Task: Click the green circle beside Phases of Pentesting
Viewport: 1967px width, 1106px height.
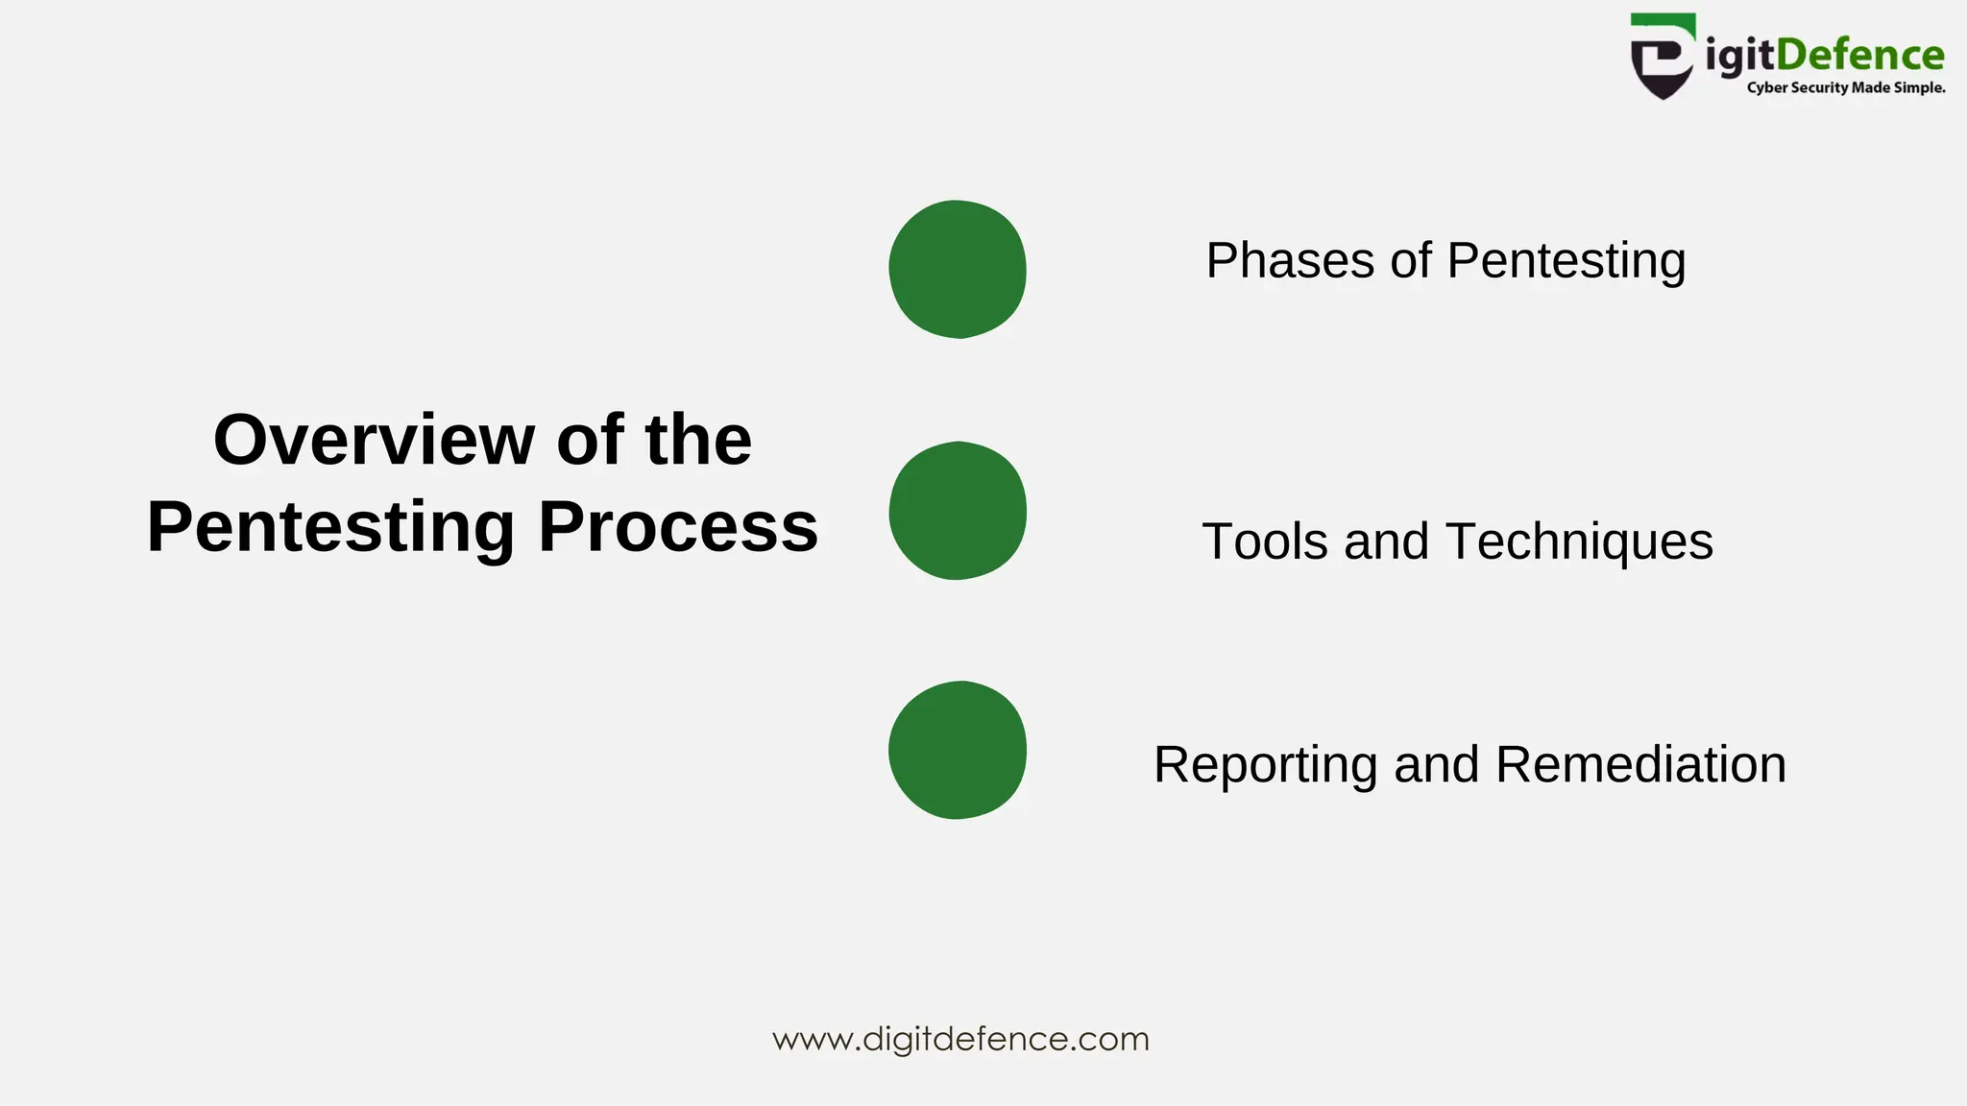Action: pyautogui.click(x=958, y=269)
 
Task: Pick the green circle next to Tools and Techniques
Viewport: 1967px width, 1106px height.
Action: pyautogui.click(x=958, y=511)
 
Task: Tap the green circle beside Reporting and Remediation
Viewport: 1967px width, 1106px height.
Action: pyautogui.click(x=958, y=750)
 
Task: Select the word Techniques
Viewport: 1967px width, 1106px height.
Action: pyautogui.click(x=1579, y=541)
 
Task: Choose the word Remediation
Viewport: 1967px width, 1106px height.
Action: pyautogui.click(x=1640, y=765)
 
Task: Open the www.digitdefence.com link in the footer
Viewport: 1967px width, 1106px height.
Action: pyautogui.click(x=960, y=1039)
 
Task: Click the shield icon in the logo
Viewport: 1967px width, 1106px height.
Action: pyautogui.click(x=1662, y=57)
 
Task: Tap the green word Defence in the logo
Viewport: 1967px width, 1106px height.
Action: pyautogui.click(x=1859, y=55)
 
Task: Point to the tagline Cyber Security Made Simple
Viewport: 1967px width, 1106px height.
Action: pyautogui.click(x=1845, y=88)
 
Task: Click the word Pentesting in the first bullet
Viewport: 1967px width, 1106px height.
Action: pyautogui.click(x=1566, y=261)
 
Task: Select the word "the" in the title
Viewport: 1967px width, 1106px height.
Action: pyautogui.click(x=698, y=440)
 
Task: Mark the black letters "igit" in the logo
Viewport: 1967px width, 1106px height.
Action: pyautogui.click(x=1739, y=56)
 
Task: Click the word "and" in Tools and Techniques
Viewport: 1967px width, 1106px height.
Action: pyautogui.click(x=1386, y=541)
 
